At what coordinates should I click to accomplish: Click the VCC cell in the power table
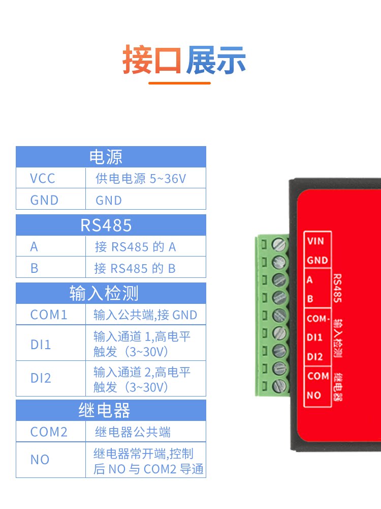[50, 178]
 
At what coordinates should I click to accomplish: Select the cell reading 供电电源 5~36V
[145, 178]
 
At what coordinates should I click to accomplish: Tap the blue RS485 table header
[111, 225]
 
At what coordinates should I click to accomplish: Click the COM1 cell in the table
[50, 314]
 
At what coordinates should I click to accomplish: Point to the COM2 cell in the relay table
[50, 432]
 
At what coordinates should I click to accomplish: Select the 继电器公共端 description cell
[145, 432]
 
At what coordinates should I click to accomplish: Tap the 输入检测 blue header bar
[111, 293]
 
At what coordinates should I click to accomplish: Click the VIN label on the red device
[315, 241]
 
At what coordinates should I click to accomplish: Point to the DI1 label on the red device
[314, 337]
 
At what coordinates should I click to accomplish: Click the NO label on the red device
[313, 395]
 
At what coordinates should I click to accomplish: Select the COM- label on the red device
[318, 319]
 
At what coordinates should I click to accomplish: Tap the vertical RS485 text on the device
[337, 288]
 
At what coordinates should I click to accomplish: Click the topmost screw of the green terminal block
[279, 245]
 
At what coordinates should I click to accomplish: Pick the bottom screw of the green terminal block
[279, 386]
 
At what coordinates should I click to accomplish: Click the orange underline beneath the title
[179, 83]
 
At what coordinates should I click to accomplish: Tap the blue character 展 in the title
[200, 60]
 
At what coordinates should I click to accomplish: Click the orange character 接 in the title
[137, 60]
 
